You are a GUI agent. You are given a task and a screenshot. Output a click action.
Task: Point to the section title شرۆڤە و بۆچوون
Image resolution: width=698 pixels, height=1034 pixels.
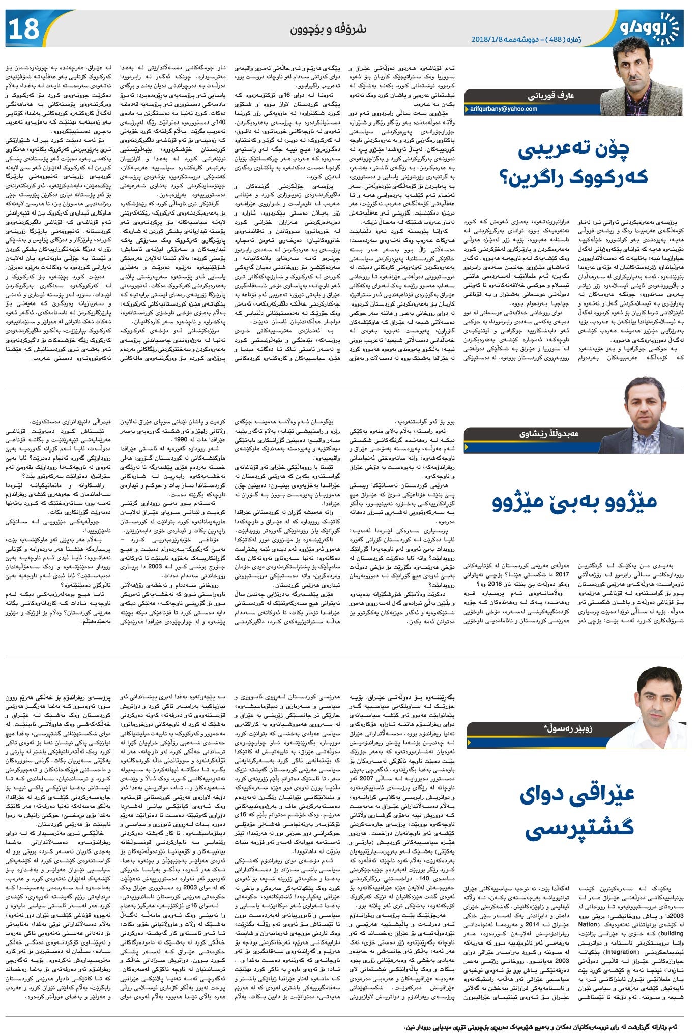[328, 29]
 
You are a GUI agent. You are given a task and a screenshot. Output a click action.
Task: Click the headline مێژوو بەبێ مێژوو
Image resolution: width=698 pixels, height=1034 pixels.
[574, 501]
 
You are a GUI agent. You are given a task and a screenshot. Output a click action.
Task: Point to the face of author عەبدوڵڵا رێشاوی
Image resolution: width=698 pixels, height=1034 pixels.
[645, 404]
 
